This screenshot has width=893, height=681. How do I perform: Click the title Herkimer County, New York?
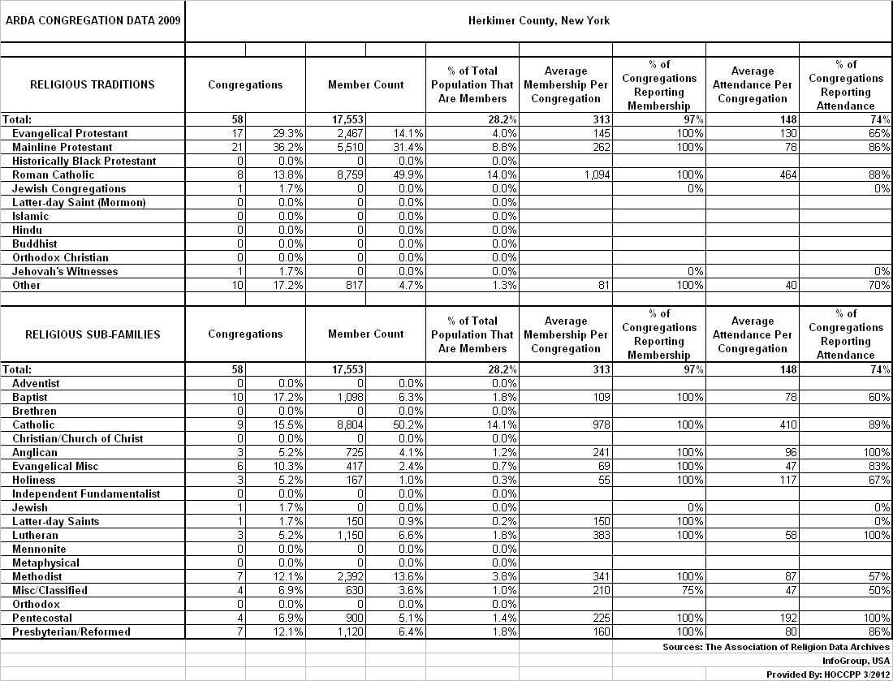(x=539, y=20)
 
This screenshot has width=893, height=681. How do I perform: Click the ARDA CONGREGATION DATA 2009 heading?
(x=92, y=20)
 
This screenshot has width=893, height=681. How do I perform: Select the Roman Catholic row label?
(x=54, y=175)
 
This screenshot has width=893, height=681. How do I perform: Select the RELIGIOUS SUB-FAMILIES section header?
(x=92, y=334)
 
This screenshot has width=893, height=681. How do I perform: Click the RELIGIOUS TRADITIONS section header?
(x=92, y=84)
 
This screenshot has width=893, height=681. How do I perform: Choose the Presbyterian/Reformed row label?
(x=71, y=631)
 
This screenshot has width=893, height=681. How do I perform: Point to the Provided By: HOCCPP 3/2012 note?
(x=828, y=675)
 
